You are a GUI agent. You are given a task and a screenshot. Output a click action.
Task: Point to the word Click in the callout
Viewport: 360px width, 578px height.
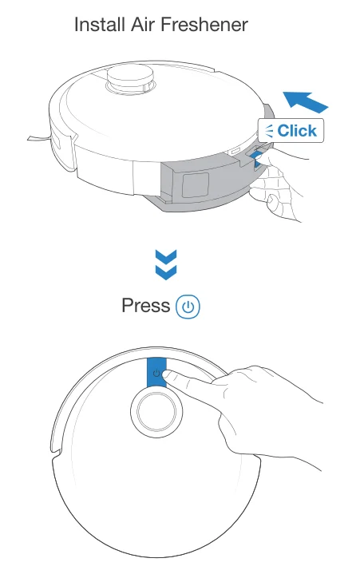[x=297, y=131]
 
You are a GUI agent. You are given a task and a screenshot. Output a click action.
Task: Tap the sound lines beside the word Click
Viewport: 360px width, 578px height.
[x=269, y=131]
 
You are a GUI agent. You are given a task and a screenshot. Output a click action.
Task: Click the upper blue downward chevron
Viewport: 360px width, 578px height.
[x=164, y=258]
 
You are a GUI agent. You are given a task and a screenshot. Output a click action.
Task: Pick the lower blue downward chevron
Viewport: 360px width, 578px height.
[x=164, y=273]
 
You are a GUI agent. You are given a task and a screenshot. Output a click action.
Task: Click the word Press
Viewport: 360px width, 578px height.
[x=145, y=306]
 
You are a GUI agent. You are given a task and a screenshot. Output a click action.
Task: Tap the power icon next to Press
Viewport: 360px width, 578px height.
[x=188, y=307]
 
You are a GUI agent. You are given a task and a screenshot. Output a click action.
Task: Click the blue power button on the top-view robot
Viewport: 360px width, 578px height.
[x=156, y=372]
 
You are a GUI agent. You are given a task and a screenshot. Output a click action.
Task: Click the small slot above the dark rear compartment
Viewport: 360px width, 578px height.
[x=236, y=149]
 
